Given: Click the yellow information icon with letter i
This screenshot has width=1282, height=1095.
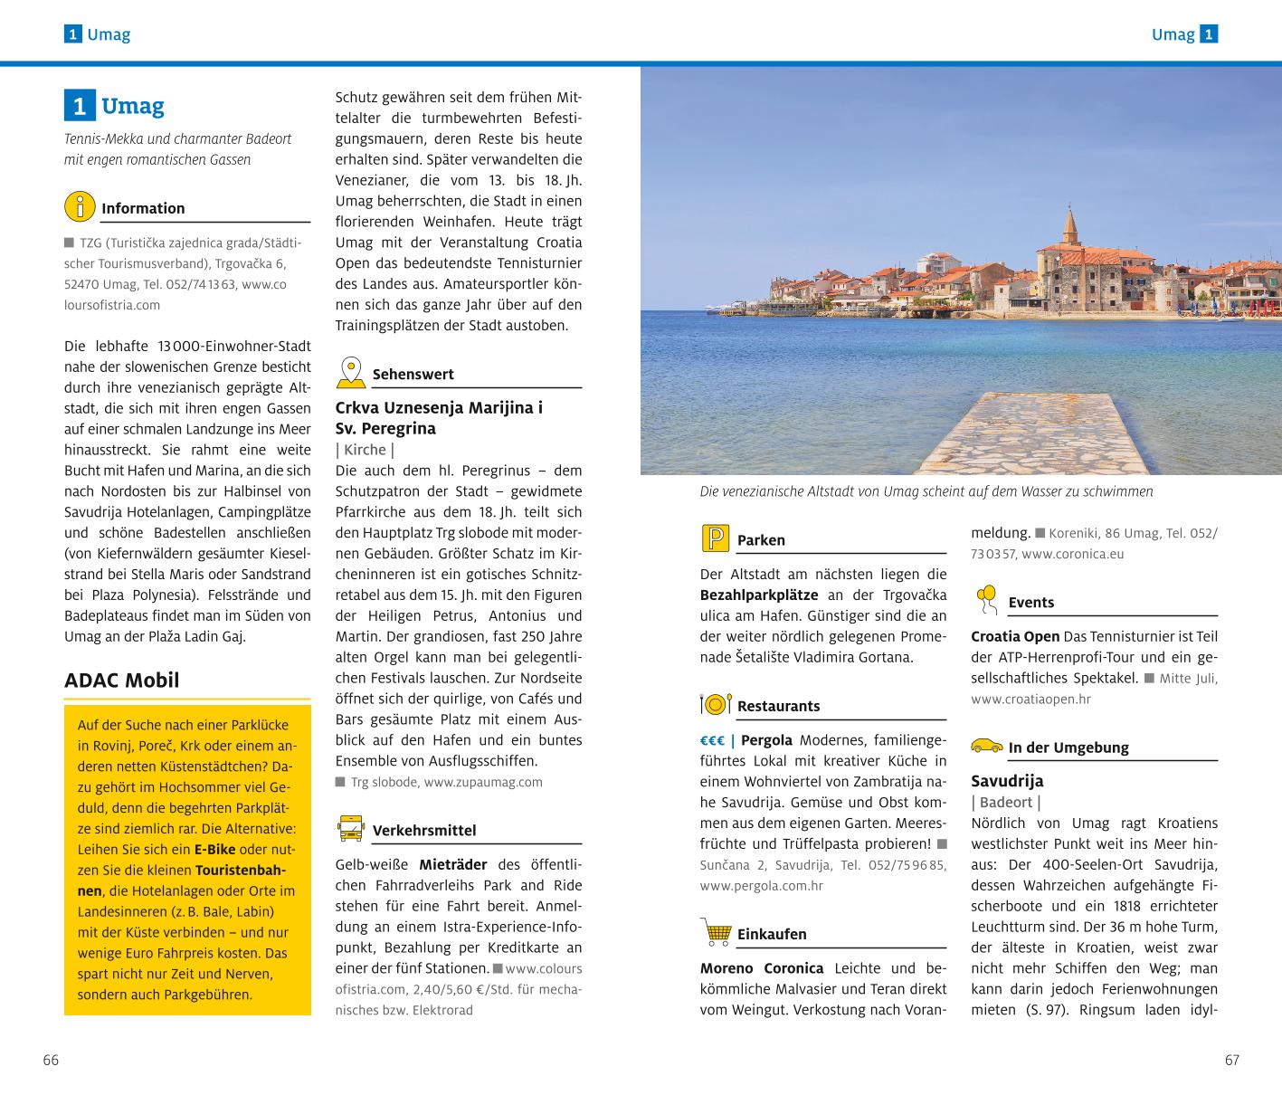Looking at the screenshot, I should pos(80,206).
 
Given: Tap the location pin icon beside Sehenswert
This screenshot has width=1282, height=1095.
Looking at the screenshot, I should pos(350,372).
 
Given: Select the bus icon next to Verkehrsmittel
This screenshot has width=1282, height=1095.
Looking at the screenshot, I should pos(350,828).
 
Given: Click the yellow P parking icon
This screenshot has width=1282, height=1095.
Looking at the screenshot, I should pos(716,538).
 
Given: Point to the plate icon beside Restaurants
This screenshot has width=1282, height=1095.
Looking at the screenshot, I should pos(716,704).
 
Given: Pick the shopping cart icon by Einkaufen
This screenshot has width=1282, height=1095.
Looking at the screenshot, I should pos(716,931).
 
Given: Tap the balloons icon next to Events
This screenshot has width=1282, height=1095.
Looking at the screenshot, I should pos(986,599).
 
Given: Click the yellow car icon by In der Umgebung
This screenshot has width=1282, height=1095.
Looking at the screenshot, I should pos(986,747).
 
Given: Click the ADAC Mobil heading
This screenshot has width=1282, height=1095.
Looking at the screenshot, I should pos(121,681).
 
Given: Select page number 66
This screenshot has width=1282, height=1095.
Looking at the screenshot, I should pos(51,1061).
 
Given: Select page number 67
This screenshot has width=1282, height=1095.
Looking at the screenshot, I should pos(1231,1061).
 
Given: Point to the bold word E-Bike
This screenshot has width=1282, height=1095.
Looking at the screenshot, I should pos(214,850).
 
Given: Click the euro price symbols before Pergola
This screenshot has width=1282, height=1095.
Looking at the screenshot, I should pos(713,740).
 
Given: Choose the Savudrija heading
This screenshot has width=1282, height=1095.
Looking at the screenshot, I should pos(1007,781).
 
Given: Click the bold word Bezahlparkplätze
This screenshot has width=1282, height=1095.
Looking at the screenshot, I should pos(758,595).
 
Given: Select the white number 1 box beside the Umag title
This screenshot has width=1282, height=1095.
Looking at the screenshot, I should pos(80,107).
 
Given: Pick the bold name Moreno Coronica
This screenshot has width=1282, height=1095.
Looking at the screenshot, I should pos(762,968).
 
